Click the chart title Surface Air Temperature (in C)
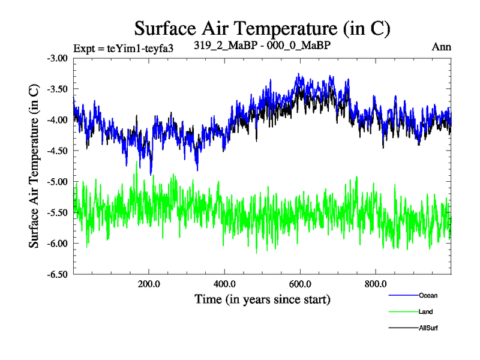(263, 28)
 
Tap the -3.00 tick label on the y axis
(58, 58)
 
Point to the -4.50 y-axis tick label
(58, 151)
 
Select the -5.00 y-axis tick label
(58, 181)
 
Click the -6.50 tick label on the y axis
(58, 274)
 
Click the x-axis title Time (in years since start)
(262, 299)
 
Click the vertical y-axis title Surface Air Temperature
(34, 166)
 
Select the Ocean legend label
(428, 296)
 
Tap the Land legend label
(426, 312)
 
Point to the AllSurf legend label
(428, 328)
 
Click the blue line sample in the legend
(403, 296)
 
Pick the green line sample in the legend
(403, 312)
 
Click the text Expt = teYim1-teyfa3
(124, 49)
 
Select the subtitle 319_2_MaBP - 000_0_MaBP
(263, 44)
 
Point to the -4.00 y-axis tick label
(58, 120)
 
